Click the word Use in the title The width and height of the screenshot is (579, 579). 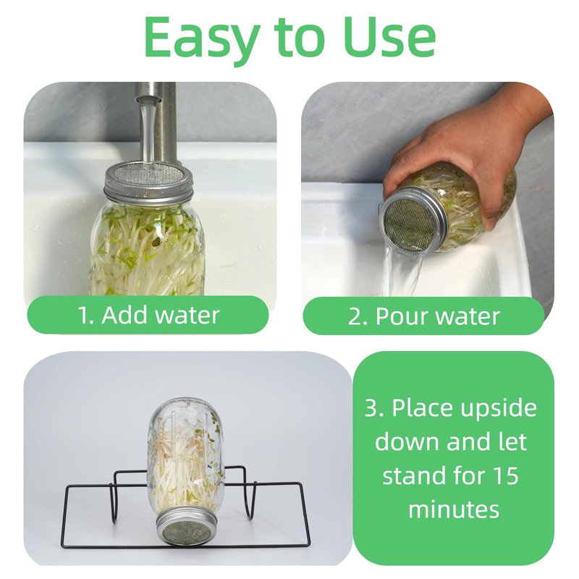click(389, 37)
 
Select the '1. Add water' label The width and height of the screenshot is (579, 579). click(148, 316)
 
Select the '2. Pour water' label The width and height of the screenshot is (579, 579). click(423, 316)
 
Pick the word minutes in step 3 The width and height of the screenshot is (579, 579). click(454, 509)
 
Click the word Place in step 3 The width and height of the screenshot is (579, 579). click(422, 407)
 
